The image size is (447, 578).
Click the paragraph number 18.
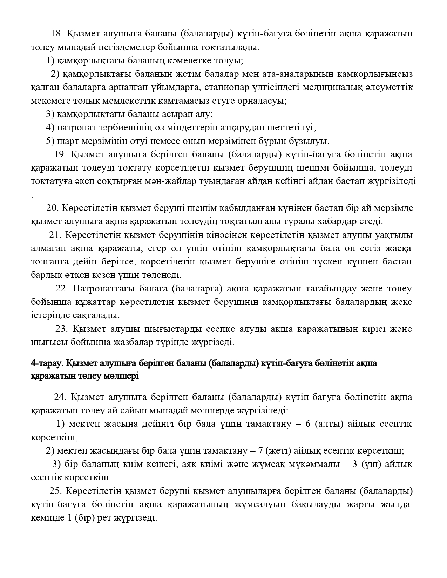tap(56, 34)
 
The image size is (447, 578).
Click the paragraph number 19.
tap(60, 154)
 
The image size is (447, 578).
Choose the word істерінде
tap(48, 315)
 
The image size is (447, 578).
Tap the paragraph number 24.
tap(60, 397)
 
